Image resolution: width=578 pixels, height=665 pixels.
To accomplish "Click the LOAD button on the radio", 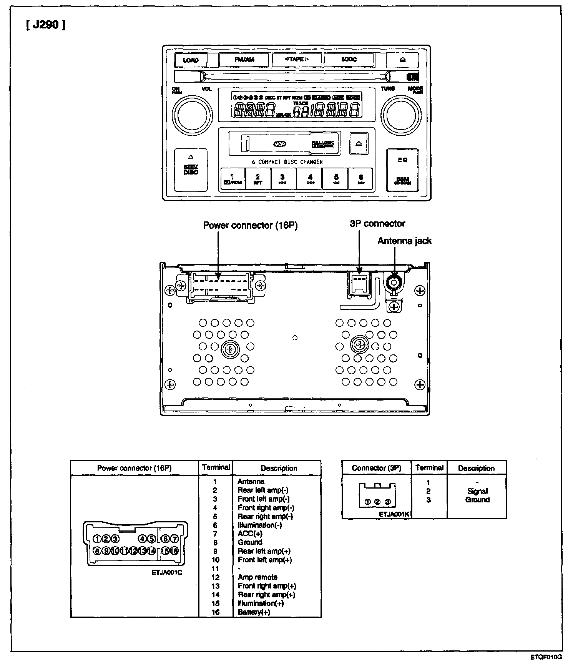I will [191, 60].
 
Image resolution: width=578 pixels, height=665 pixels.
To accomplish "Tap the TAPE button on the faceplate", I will [297, 60].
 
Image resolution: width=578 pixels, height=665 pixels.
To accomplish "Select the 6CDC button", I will [349, 60].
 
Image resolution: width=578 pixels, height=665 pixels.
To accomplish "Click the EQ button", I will [402, 160].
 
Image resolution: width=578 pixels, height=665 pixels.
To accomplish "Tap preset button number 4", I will [310, 179].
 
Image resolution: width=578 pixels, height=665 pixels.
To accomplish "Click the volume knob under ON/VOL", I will [192, 114].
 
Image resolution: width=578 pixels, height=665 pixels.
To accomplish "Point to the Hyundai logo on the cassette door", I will [280, 144].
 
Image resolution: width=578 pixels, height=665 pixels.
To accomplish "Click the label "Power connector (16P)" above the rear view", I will [250, 226].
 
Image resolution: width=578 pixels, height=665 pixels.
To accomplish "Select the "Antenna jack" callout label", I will [404, 241].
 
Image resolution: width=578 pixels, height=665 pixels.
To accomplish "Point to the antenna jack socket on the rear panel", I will [394, 283].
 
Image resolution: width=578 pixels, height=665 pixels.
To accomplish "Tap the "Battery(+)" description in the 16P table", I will [254, 612].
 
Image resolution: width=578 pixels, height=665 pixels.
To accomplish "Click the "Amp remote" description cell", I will [257, 577].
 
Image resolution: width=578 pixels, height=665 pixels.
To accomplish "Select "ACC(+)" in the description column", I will [250, 534].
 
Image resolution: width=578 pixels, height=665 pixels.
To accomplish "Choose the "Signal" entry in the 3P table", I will [477, 491].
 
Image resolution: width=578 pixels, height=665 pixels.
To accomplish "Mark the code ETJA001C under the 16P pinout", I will [167, 572].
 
